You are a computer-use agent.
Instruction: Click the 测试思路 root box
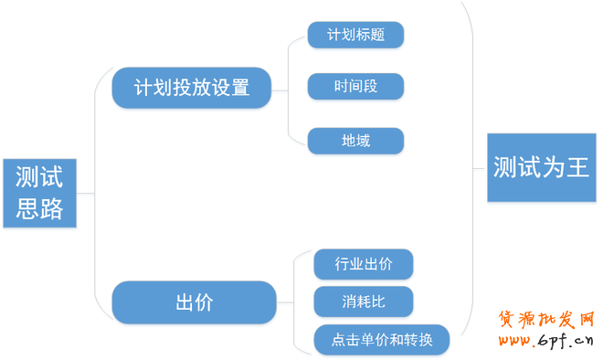[x=39, y=193]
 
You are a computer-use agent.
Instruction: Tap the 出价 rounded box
[x=193, y=302]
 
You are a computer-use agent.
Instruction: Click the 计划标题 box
[x=355, y=35]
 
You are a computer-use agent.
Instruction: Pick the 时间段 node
[x=355, y=87]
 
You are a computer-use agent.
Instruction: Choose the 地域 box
[x=355, y=140]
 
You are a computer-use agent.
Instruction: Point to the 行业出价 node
[x=364, y=264]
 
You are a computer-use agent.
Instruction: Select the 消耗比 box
[x=364, y=302]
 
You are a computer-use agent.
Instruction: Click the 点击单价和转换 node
[x=381, y=340]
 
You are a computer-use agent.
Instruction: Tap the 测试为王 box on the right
[x=541, y=168]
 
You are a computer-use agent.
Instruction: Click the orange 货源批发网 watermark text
[x=545, y=319]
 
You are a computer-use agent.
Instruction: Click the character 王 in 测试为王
[x=577, y=168]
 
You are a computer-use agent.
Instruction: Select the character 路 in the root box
[x=52, y=210]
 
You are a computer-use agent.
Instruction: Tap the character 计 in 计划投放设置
[x=144, y=88]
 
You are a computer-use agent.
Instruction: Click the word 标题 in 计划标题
[x=370, y=35]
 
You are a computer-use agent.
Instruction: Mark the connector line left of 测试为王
[x=480, y=168]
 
